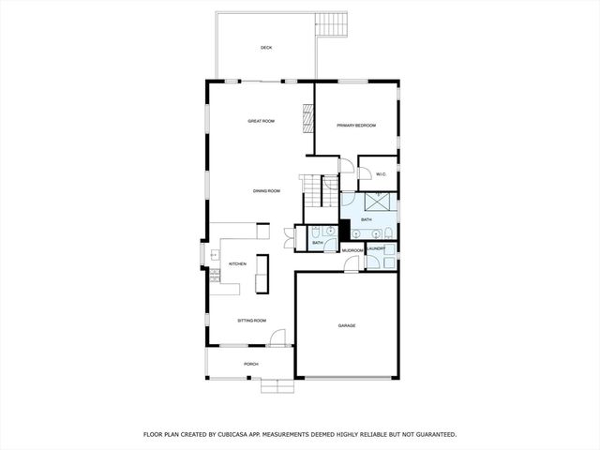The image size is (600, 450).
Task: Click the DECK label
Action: pos(266,48)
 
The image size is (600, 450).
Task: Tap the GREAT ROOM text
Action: pos(261,121)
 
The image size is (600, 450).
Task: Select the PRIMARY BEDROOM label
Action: pos(356,126)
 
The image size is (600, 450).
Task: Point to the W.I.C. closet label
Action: pos(382,174)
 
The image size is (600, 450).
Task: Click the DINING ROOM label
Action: pos(266,191)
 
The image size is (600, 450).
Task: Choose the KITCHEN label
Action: pos(237,264)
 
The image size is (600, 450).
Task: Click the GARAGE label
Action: pos(347,325)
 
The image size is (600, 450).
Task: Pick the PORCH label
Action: pos(251,364)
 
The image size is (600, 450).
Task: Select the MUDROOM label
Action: pos(352,251)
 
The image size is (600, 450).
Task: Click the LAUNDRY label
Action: pos(377,248)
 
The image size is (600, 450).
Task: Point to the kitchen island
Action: pos(262,274)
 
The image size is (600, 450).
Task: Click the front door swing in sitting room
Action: pos(277,337)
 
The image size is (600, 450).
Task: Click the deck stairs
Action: pos(331,23)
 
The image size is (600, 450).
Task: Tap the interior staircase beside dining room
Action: pos(320,191)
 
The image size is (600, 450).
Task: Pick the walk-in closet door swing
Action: pos(365,173)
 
